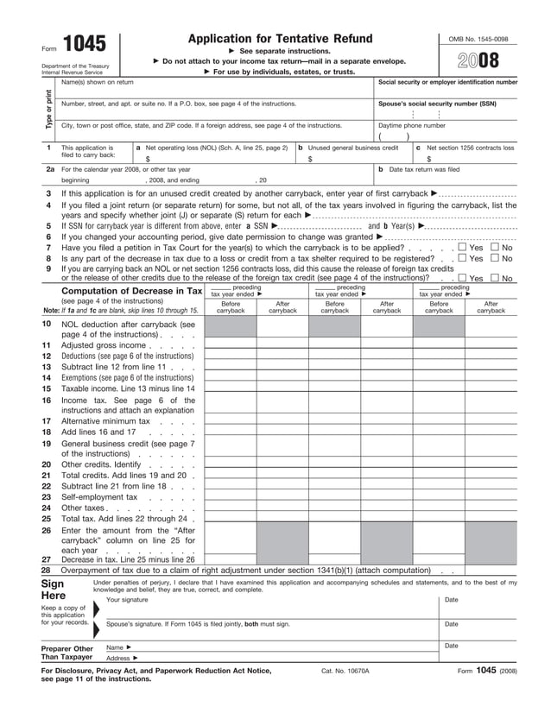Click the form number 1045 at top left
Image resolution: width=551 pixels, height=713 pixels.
coord(79,47)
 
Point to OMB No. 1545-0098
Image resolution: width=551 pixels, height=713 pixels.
coord(478,40)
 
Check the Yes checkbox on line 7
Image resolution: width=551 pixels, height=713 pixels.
coord(462,248)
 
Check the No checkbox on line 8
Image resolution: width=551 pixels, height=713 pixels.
coord(495,258)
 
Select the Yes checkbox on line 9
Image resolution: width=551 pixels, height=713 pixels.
coord(462,278)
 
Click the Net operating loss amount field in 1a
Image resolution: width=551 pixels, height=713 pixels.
coord(216,159)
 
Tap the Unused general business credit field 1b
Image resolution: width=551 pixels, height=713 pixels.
coord(354,159)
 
